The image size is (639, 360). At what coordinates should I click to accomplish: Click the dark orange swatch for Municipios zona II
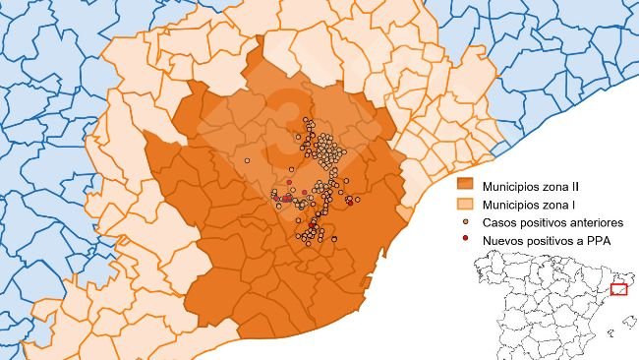(467, 184)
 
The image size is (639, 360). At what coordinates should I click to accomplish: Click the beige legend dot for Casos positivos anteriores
(466, 222)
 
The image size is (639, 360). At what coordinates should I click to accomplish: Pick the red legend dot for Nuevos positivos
(466, 241)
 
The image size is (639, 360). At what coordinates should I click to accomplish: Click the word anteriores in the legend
(596, 222)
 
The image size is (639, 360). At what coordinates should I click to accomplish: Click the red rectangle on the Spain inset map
(619, 289)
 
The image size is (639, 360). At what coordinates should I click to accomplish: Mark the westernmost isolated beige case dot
(249, 159)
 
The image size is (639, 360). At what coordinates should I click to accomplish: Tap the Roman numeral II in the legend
(588, 184)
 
